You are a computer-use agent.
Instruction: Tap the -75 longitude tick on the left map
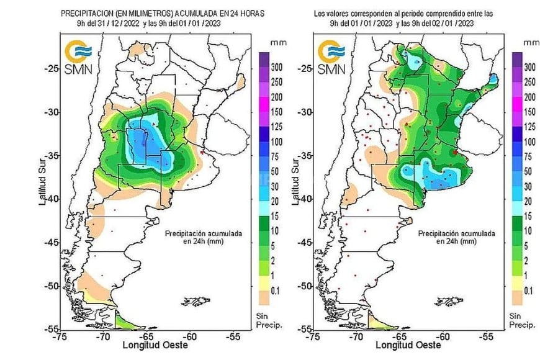[60, 336]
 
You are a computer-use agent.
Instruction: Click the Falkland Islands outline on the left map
[199, 302]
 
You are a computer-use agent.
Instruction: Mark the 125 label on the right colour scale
[529, 127]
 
